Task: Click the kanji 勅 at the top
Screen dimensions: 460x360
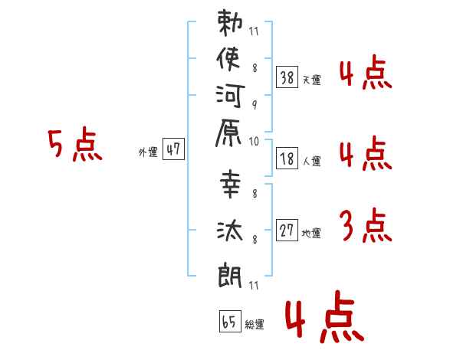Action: [230, 23]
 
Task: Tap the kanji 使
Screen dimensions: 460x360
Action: [228, 59]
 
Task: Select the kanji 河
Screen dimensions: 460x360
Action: [230, 96]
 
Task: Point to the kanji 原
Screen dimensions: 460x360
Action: [228, 133]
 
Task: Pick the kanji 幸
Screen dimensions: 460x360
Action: [230, 184]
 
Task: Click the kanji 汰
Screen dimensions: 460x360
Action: [230, 231]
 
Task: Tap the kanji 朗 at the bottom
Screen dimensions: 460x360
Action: [230, 275]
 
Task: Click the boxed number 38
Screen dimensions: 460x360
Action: [287, 77]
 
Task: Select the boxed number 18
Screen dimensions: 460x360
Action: [287, 159]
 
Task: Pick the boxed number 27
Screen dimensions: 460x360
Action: [287, 230]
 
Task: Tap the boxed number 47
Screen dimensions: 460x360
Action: [173, 149]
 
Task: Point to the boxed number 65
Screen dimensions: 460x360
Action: [230, 321]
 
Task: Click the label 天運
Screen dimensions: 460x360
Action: [311, 80]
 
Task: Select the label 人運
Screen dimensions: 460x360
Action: [311, 161]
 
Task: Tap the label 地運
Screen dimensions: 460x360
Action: [311, 233]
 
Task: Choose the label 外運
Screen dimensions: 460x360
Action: [148, 152]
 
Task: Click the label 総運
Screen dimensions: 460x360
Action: [255, 324]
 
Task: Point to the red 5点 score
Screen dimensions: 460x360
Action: [75, 144]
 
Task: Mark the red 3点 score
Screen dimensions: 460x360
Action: [366, 225]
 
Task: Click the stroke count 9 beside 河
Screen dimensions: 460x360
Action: [255, 105]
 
